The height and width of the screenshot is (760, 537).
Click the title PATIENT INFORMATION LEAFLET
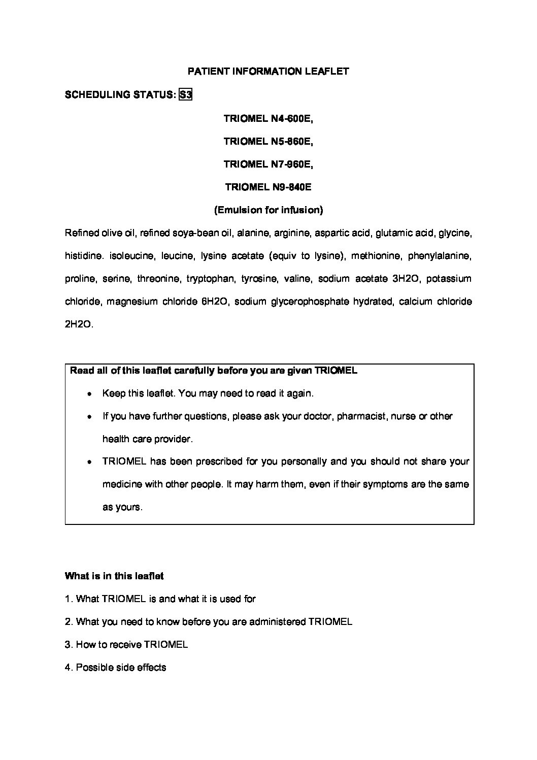[268, 72]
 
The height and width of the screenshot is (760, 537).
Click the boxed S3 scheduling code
[186, 94]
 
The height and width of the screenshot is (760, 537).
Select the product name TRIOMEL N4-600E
[268, 119]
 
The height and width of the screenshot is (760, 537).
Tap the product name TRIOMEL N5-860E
[268, 142]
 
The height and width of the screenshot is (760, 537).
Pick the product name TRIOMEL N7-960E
[268, 164]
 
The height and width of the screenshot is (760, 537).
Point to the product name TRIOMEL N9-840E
[268, 187]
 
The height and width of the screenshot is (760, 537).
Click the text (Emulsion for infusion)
[268, 210]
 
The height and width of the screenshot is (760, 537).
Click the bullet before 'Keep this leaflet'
[89, 394]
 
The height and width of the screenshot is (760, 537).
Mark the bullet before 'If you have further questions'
[89, 417]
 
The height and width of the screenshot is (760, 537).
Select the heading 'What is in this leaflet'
[114, 576]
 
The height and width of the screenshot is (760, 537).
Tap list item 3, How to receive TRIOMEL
[126, 645]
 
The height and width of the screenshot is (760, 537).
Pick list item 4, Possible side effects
[116, 668]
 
